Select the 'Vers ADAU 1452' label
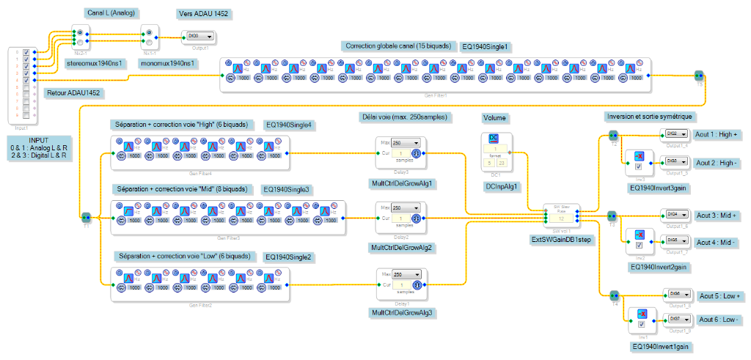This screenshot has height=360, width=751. point(207,14)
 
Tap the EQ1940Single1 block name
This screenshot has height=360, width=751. point(486,46)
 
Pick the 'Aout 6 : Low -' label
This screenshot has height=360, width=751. point(719,320)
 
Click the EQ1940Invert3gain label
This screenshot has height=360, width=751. point(657,188)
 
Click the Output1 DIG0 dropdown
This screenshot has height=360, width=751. point(200,35)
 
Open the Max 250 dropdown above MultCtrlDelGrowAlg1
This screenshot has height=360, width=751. point(405,143)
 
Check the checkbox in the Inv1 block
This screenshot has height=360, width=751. point(641,324)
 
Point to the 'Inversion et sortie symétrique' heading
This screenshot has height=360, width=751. point(650,117)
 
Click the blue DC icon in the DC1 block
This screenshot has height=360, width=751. point(494,139)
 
